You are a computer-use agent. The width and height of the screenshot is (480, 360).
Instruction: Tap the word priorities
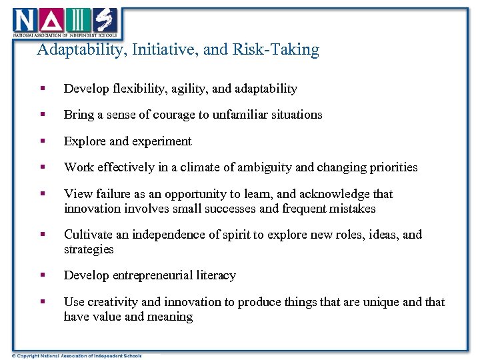tap(390, 167)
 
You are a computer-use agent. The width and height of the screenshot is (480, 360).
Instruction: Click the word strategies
tap(89, 249)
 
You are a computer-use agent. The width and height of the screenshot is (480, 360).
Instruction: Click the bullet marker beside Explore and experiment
tap(43, 141)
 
